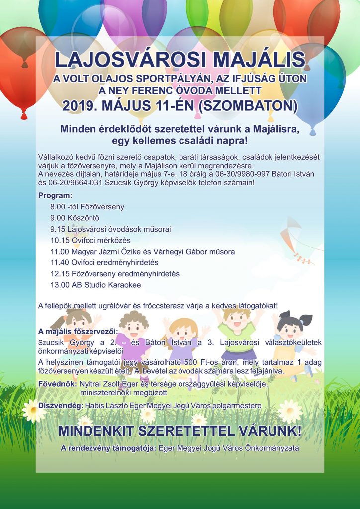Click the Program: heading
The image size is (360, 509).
55,195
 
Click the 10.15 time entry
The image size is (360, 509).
60,240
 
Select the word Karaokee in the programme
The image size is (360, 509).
124,285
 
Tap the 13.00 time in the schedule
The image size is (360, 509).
60,285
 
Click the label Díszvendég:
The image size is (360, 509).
60,406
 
